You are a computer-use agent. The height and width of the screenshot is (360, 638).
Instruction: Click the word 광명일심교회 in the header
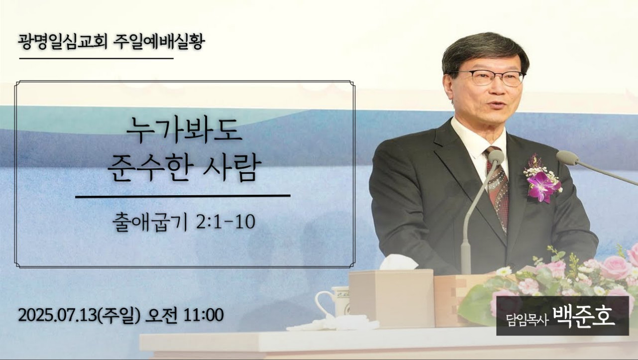click(x=63, y=42)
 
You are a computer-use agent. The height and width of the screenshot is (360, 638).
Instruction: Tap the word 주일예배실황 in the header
click(x=159, y=42)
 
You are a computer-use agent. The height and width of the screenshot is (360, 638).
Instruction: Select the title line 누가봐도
click(x=184, y=131)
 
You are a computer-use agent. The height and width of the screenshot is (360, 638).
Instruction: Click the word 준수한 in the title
click(x=148, y=168)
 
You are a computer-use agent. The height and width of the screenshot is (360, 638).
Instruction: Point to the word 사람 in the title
click(x=231, y=168)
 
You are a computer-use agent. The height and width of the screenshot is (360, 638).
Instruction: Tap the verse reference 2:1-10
click(x=225, y=222)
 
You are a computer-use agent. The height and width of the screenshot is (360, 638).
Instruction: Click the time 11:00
click(x=204, y=315)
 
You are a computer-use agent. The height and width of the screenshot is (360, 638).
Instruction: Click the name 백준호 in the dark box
click(x=584, y=316)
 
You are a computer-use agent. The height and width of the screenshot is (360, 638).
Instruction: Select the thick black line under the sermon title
click(x=183, y=196)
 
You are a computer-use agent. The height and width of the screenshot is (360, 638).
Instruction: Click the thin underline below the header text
click(x=96, y=58)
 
